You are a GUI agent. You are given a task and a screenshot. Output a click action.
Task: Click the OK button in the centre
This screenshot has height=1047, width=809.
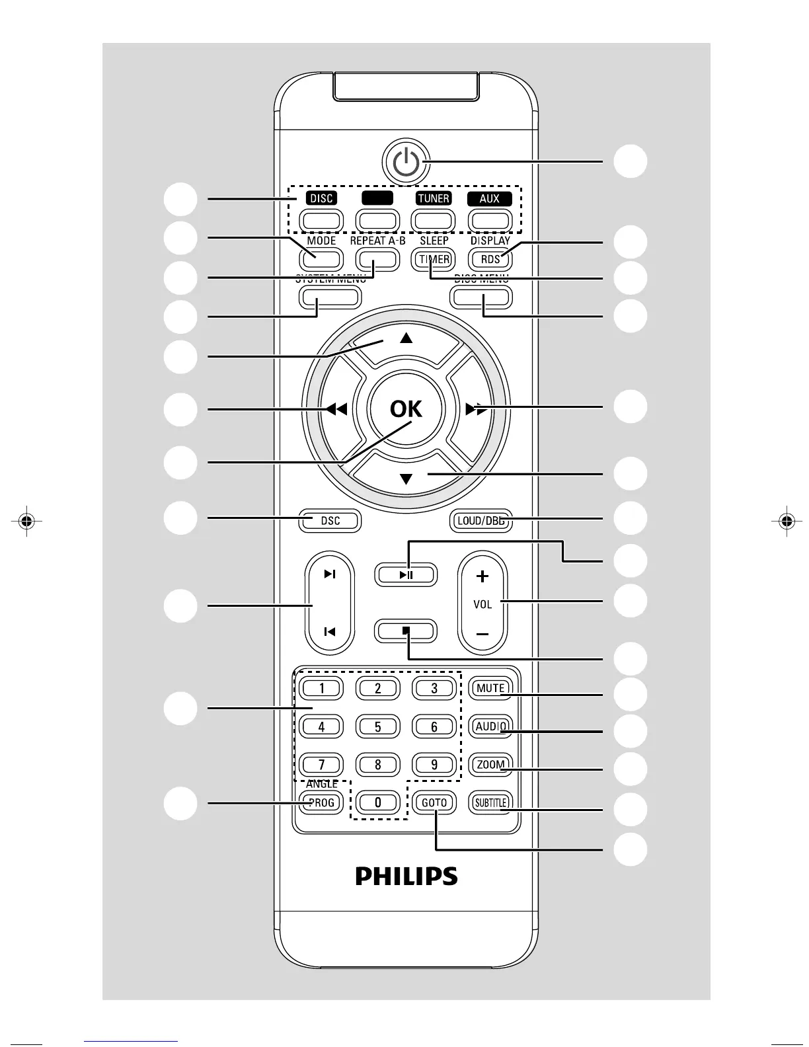[x=406, y=409]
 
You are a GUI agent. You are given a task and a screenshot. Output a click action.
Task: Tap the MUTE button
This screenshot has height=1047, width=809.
[x=490, y=688]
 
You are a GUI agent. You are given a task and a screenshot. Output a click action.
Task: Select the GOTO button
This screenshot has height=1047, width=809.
[x=434, y=802]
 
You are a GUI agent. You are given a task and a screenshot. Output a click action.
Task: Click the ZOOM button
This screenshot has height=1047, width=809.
[x=490, y=765]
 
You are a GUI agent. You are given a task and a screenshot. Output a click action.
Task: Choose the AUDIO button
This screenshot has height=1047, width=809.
[x=490, y=726]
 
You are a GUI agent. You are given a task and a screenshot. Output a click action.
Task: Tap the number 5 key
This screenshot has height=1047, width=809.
[x=377, y=727]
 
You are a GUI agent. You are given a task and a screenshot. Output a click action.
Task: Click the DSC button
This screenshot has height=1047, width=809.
[x=330, y=521]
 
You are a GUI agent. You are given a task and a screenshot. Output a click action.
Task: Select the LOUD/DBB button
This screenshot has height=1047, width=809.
[x=481, y=521]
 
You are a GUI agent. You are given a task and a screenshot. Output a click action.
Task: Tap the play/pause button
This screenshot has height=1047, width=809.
[x=406, y=574]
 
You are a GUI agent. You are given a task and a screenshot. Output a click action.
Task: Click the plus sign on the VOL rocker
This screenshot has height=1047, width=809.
[x=482, y=576]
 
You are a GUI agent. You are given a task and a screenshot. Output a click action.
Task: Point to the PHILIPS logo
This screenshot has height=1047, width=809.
[x=406, y=876]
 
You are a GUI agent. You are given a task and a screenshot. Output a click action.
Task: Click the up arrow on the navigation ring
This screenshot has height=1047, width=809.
[x=406, y=338]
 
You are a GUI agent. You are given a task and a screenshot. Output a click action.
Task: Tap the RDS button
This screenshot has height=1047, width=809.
[x=490, y=259]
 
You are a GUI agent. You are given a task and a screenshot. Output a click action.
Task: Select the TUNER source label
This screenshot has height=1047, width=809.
[x=434, y=198]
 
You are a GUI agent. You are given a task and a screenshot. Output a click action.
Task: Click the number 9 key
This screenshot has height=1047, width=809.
[x=434, y=765]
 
